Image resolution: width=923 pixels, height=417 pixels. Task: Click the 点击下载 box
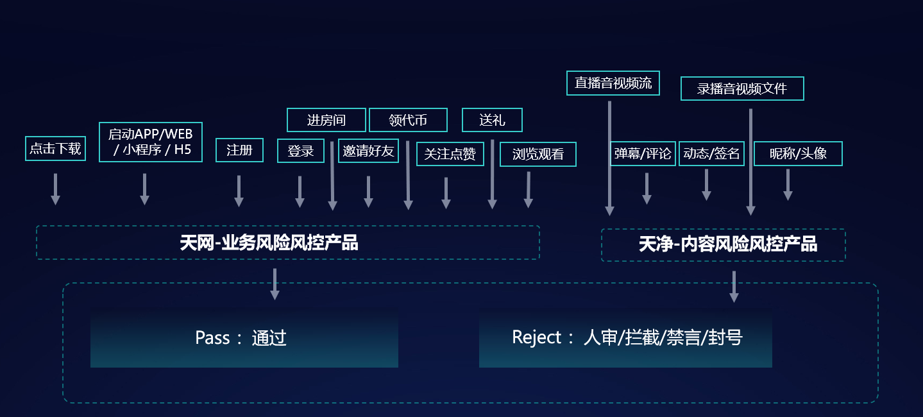click(x=55, y=148)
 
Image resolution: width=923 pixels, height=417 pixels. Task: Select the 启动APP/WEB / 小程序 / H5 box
click(x=151, y=142)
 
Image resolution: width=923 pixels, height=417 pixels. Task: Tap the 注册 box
click(x=239, y=151)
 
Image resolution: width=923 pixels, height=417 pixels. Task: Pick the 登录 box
click(x=300, y=151)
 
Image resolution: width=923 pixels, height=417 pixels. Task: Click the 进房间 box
click(x=326, y=120)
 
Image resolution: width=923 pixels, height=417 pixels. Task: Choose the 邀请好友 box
click(x=368, y=151)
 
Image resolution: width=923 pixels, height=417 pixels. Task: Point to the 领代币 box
click(x=408, y=120)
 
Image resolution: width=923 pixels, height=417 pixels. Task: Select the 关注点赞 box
click(x=450, y=154)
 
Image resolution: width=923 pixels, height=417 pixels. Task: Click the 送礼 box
click(x=492, y=120)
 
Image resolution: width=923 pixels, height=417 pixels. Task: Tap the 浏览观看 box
click(x=538, y=154)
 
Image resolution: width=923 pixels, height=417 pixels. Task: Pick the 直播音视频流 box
click(x=613, y=83)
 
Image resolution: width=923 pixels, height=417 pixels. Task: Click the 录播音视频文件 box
click(x=742, y=89)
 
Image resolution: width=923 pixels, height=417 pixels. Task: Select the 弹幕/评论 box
click(x=643, y=154)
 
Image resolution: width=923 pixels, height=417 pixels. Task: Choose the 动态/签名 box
click(x=711, y=154)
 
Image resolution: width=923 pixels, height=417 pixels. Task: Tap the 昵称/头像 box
click(x=798, y=154)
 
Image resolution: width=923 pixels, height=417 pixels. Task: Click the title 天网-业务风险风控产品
click(x=269, y=243)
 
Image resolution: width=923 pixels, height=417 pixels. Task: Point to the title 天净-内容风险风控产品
click(x=727, y=244)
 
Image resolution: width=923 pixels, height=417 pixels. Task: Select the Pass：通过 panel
click(x=244, y=338)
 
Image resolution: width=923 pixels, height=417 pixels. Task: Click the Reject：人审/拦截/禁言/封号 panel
click(x=625, y=338)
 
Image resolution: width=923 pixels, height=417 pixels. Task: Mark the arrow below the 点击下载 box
click(x=55, y=189)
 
